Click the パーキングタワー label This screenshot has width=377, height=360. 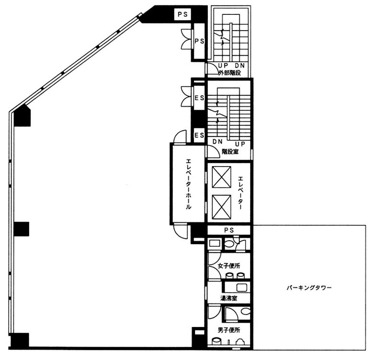pyautogui.click(x=309, y=288)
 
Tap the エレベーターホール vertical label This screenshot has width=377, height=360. pyautogui.click(x=188, y=184)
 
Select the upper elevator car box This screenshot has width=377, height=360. pyautogui.click(x=221, y=177)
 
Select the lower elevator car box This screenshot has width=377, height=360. pyautogui.click(x=221, y=207)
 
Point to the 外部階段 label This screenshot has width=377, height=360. pyautogui.click(x=229, y=73)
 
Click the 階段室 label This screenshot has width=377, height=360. pyautogui.click(x=230, y=152)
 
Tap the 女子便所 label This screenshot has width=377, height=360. pyautogui.click(x=229, y=266)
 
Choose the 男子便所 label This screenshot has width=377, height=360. pyautogui.click(x=229, y=330)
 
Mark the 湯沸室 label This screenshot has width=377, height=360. pyautogui.click(x=229, y=298)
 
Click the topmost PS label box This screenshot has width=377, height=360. pyautogui.click(x=183, y=14)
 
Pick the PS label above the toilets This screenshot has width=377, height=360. pyautogui.click(x=229, y=230)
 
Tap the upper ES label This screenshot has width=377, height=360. pyautogui.click(x=199, y=98)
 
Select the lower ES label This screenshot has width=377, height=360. pyautogui.click(x=199, y=135)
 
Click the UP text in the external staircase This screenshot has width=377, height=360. pyautogui.click(x=223, y=66)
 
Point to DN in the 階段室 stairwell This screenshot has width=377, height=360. pyautogui.click(x=217, y=142)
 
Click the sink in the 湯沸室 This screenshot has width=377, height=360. pyautogui.click(x=240, y=287)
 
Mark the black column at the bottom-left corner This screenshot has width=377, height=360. pyautogui.click(x=20, y=340)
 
